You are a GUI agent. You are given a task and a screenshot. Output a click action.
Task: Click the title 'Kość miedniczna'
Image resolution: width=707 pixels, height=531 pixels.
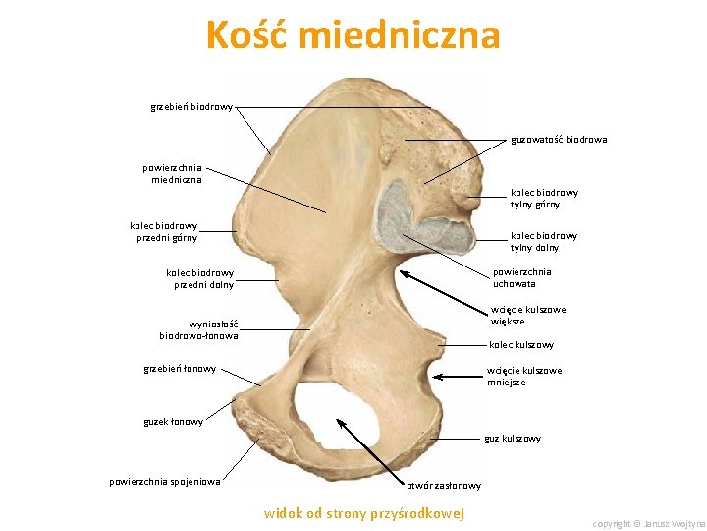click(353, 36)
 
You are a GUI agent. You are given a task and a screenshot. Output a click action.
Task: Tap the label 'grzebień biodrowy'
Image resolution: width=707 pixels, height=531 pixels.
click(191, 106)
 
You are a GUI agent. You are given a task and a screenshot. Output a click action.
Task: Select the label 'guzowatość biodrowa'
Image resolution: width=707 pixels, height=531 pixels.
click(558, 140)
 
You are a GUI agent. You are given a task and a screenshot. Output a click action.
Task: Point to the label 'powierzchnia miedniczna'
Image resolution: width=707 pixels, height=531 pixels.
click(172, 173)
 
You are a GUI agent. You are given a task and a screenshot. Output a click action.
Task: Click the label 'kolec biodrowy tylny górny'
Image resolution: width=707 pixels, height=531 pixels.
click(543, 199)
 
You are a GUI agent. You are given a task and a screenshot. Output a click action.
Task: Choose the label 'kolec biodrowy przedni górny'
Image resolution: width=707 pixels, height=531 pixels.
click(164, 231)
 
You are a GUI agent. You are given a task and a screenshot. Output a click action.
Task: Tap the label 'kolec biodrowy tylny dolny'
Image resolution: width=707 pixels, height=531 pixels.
click(543, 241)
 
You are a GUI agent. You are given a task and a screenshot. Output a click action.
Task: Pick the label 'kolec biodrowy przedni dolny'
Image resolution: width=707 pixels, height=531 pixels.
click(199, 278)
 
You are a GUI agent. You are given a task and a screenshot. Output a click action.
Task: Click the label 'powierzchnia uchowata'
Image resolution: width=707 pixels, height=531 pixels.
click(521, 277)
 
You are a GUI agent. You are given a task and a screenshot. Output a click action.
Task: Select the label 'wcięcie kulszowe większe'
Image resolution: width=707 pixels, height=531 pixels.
click(527, 315)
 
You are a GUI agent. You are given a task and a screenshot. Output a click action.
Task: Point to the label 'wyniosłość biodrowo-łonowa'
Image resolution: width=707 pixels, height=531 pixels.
click(199, 329)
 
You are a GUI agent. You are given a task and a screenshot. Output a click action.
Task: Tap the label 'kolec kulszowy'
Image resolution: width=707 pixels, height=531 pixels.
click(521, 345)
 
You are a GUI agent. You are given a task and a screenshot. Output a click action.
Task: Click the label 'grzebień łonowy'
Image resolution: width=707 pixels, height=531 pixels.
click(180, 370)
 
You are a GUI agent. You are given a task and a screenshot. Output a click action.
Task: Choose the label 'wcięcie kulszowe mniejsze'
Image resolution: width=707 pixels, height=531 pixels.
click(524, 376)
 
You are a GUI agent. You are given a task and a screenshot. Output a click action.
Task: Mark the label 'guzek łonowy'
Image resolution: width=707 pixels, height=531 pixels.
click(173, 422)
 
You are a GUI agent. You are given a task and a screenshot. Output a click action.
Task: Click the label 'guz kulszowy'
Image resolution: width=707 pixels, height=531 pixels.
click(512, 439)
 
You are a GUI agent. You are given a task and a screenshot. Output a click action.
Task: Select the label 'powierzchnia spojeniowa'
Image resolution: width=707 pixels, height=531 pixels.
click(164, 481)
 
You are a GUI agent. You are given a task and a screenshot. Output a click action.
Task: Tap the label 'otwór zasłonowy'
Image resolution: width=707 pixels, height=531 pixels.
click(444, 486)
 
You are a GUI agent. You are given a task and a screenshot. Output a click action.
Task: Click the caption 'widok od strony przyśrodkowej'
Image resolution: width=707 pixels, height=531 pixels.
click(364, 513)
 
